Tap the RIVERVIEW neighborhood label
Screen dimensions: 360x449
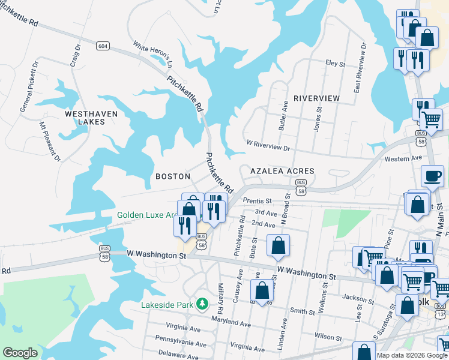[x=316, y=98]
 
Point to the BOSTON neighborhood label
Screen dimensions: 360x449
[x=172, y=176]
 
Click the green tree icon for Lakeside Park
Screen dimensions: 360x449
[x=203, y=304]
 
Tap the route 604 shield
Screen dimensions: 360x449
[x=103, y=46]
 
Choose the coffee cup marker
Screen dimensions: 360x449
[x=432, y=176]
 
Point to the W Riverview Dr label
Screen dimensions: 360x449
[x=268, y=145]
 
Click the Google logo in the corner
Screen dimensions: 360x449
[x=20, y=353]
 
